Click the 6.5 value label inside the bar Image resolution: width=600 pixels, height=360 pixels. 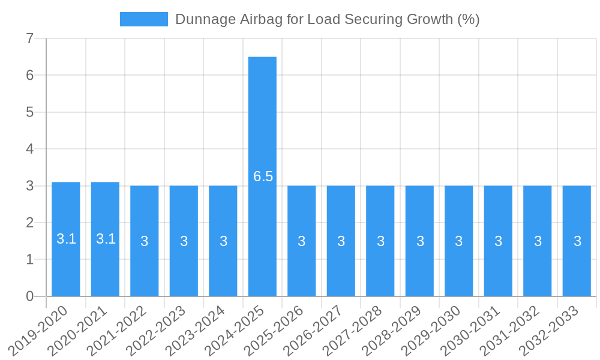pos(263,176)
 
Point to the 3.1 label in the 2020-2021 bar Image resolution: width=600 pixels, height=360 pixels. pos(106,239)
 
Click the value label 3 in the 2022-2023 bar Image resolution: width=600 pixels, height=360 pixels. pos(184,241)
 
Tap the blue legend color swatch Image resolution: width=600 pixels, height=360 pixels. pos(144,19)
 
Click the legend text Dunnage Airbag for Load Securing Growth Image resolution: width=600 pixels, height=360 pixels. pos(327,19)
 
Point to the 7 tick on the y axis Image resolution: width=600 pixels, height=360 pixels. pos(29,38)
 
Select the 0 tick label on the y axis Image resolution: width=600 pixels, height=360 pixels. pos(29,296)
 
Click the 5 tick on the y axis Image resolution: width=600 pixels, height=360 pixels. pos(29,112)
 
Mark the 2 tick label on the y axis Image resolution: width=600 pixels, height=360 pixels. pos(29,223)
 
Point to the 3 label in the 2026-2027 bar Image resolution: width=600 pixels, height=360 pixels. pos(341,241)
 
